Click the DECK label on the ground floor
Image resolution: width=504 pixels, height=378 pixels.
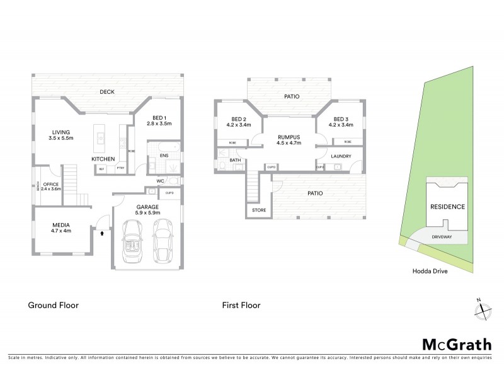click(106, 93)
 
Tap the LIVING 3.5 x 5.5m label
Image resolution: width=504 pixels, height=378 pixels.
click(61, 135)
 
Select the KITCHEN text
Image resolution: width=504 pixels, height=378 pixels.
click(103, 159)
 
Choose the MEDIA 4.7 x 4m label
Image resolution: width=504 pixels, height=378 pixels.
click(61, 227)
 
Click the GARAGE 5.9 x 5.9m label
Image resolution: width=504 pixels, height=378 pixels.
click(149, 210)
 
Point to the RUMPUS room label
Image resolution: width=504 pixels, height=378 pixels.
click(290, 139)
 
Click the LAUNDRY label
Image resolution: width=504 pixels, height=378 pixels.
click(339, 156)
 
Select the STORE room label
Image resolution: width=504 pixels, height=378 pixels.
click(259, 210)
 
